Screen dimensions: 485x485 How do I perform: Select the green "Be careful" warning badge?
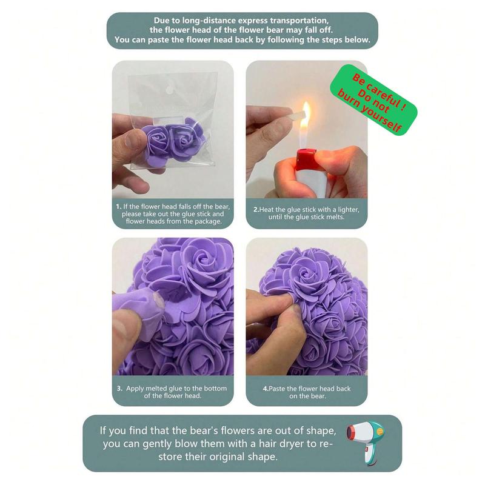tap(373, 99)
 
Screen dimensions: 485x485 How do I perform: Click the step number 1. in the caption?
tap(118, 206)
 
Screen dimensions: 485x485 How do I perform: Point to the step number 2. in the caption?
tap(256, 209)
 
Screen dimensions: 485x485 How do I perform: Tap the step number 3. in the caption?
tap(119, 389)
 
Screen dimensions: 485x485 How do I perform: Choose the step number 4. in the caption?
tap(266, 389)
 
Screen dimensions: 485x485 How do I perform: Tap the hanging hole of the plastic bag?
tap(169, 90)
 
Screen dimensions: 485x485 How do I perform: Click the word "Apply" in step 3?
tap(135, 389)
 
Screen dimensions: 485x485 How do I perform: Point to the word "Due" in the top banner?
tap(161, 21)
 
